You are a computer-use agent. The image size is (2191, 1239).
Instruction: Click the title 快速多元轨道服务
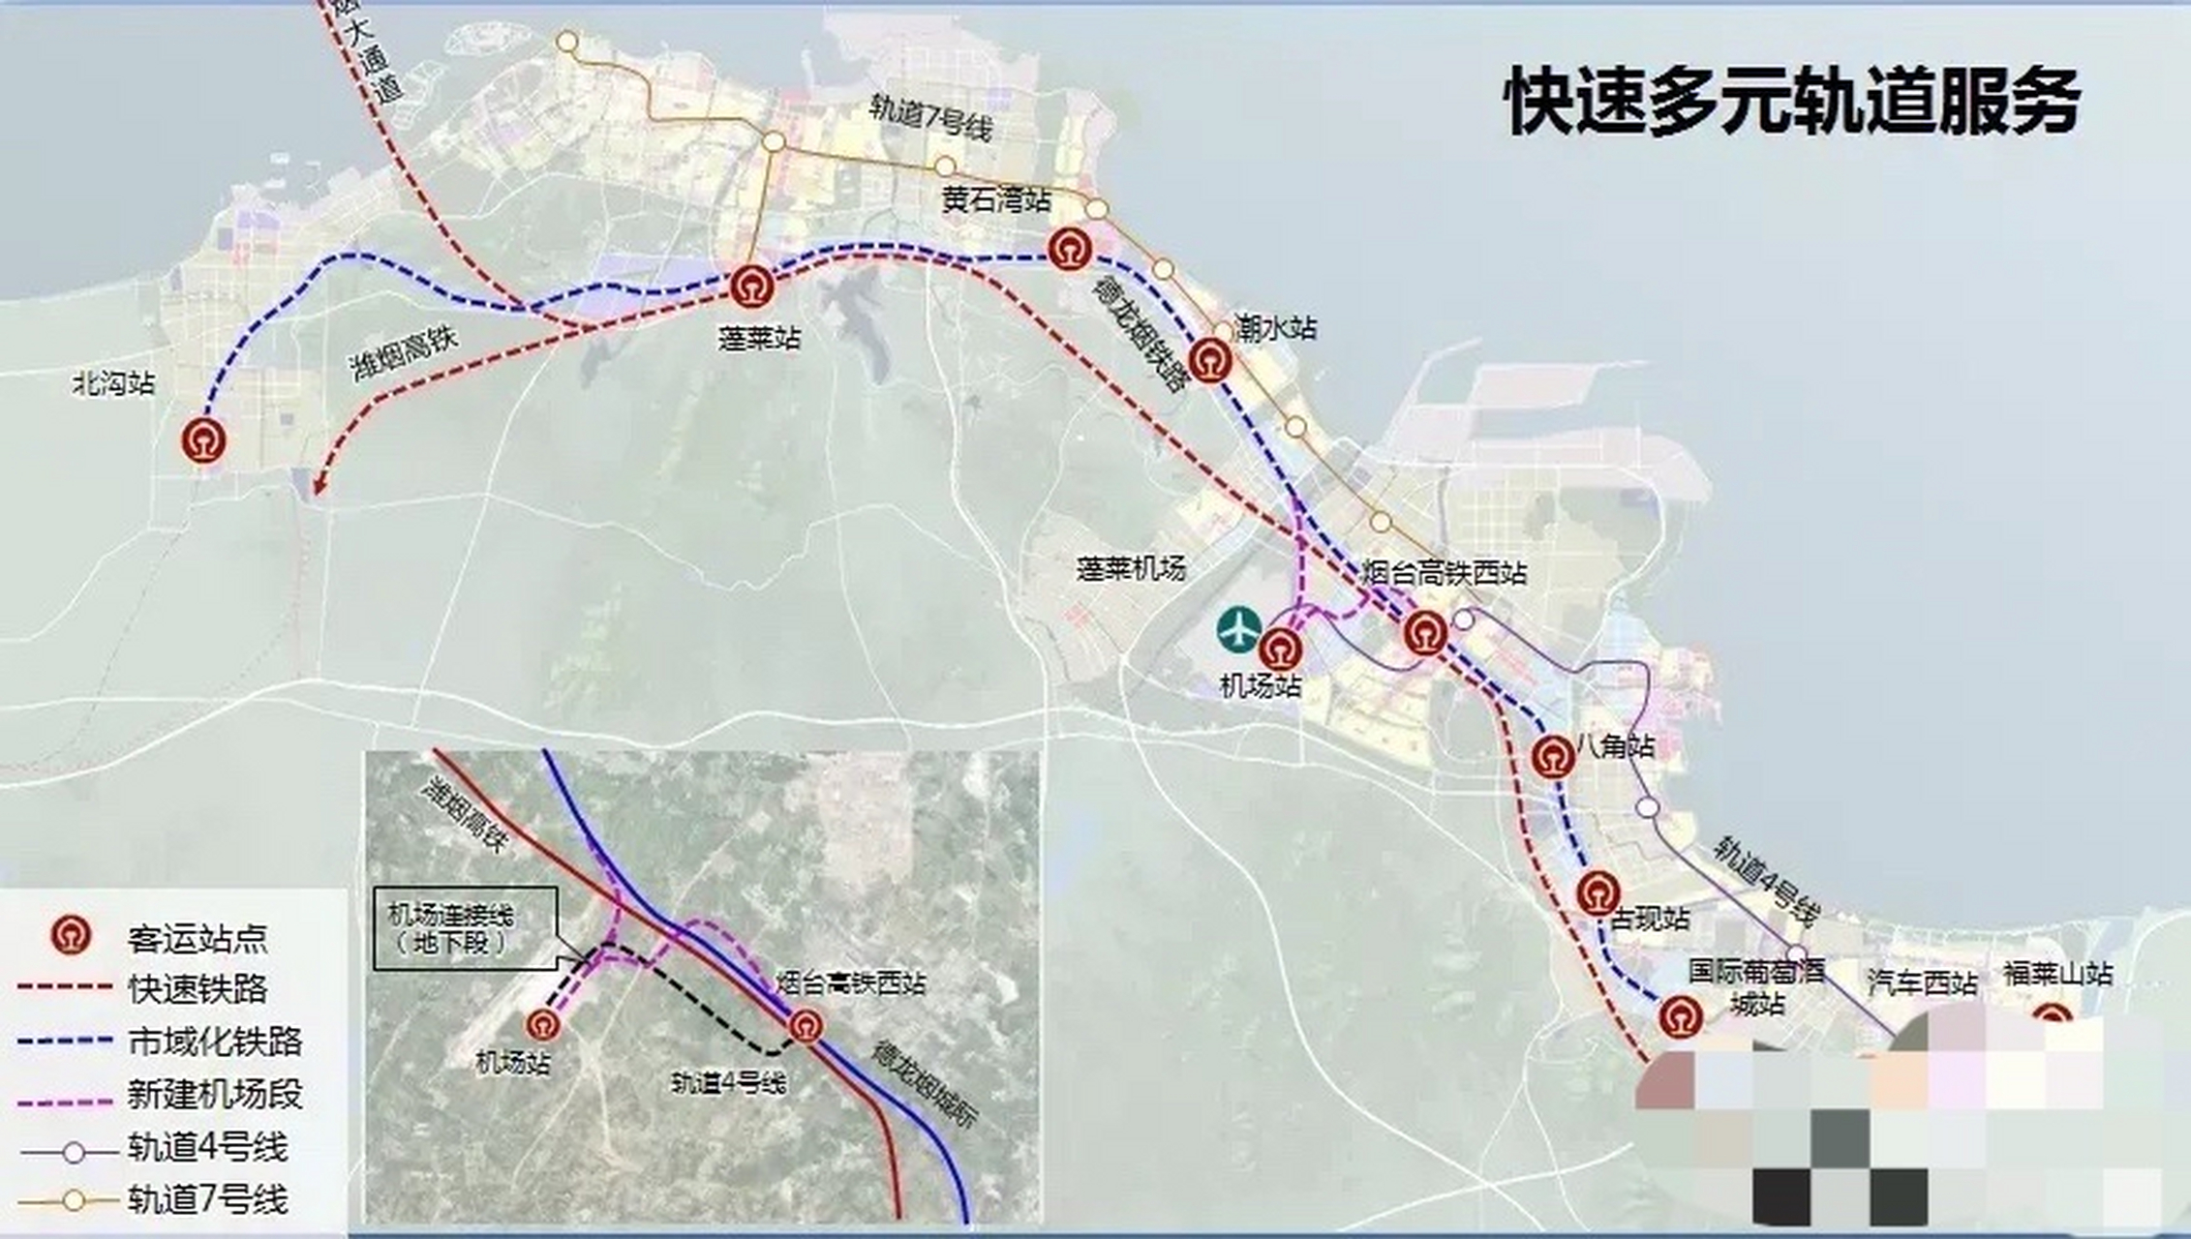tap(1793, 101)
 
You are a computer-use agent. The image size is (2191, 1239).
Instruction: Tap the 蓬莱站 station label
tap(759, 338)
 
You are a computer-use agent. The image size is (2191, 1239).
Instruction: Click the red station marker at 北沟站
tap(204, 440)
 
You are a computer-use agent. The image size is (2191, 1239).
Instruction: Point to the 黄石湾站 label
tap(995, 200)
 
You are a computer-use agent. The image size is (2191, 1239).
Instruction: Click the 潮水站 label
tap(1275, 328)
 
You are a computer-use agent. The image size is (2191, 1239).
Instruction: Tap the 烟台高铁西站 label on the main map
tap(1444, 573)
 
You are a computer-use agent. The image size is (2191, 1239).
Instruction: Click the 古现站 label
tap(1650, 918)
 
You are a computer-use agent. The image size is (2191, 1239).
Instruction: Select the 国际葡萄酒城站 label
tap(1756, 986)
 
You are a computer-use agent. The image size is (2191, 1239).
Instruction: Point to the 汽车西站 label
tap(1921, 983)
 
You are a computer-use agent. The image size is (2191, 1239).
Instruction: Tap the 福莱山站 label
tap(2057, 973)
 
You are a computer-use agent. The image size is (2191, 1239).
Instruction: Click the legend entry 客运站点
tap(197, 938)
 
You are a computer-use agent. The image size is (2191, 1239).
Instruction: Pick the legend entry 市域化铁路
tap(215, 1042)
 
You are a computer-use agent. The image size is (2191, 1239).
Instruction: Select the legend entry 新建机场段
tap(215, 1094)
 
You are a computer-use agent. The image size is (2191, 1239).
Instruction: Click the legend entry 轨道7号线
tap(207, 1199)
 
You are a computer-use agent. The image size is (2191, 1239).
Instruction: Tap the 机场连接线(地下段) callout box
tap(466, 928)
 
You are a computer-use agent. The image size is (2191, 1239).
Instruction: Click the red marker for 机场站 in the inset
tap(542, 1024)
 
